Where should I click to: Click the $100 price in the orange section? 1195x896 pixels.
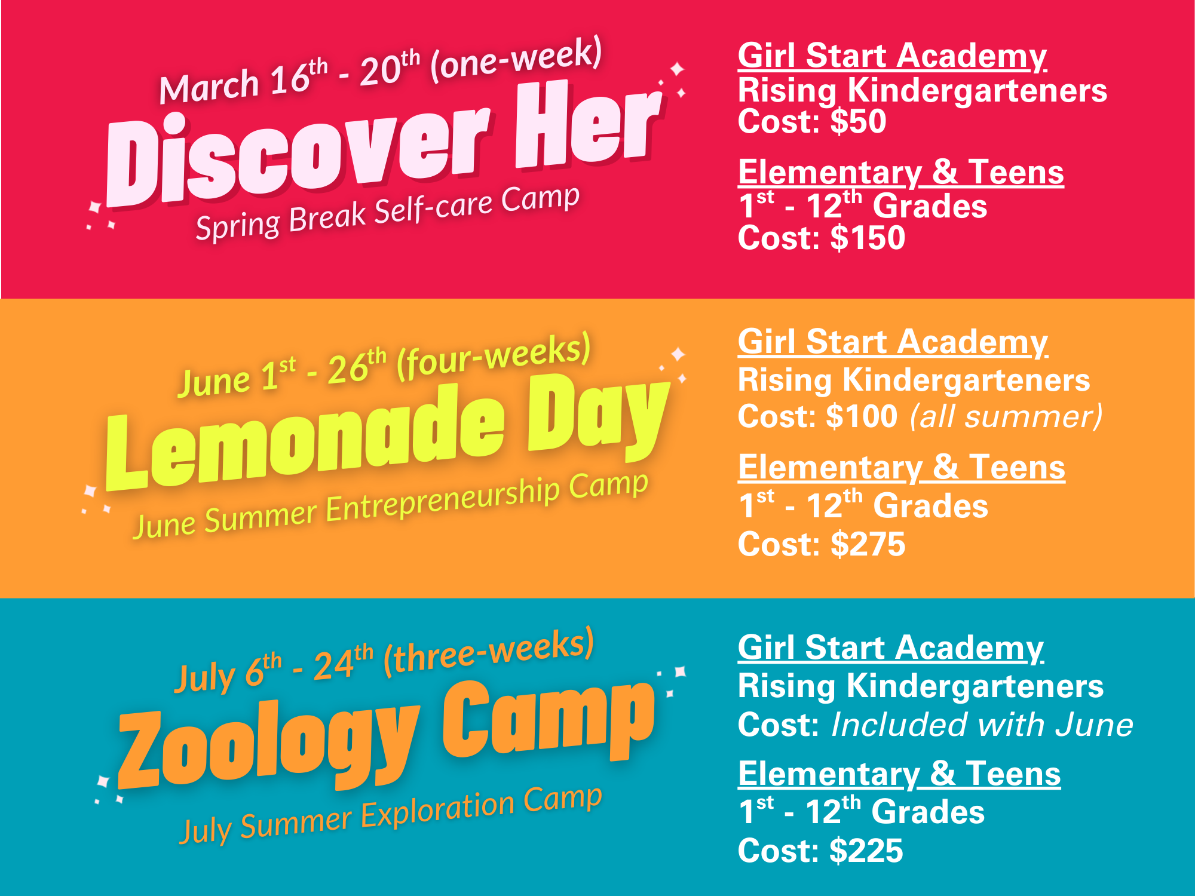[862, 416]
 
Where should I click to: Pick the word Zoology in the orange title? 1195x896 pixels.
[269, 747]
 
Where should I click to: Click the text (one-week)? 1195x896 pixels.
[516, 59]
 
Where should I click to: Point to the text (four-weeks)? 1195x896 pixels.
[494, 356]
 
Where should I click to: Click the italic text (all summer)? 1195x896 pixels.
[1006, 416]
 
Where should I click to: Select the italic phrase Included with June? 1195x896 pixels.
[982, 725]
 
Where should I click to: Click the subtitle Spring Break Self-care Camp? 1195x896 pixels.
[388, 213]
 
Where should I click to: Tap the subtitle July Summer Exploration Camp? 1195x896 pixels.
[391, 815]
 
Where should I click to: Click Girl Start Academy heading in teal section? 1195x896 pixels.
[891, 648]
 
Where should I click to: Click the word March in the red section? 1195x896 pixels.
[209, 87]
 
